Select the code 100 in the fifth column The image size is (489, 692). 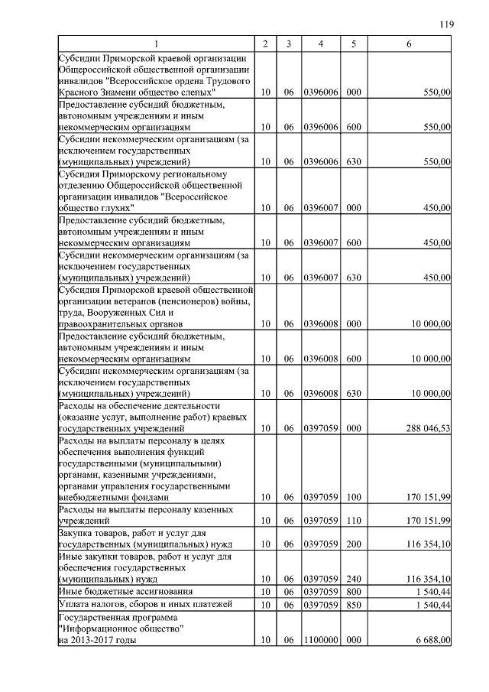point(353,497)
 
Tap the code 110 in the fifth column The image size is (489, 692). point(353,520)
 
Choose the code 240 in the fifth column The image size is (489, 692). point(353,579)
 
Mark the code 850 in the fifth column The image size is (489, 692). point(353,605)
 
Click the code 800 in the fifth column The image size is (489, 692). point(353,591)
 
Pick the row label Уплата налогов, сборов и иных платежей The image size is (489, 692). point(134,605)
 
